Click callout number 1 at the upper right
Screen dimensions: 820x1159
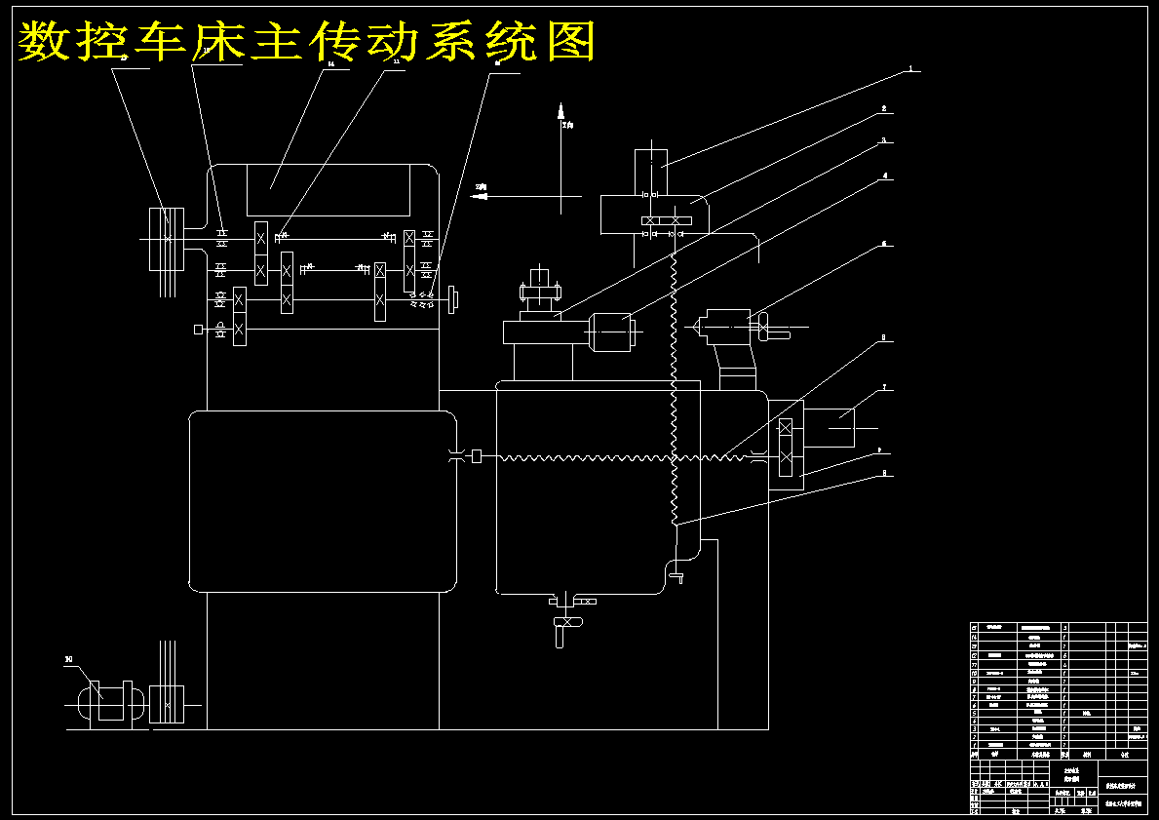(910, 69)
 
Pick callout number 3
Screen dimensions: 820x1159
(884, 140)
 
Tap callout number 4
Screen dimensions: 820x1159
(884, 177)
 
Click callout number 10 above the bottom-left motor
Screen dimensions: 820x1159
(68, 660)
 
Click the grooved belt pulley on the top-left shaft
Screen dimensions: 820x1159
(167, 238)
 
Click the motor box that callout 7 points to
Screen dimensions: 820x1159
(834, 427)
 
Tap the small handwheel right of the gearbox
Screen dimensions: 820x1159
(453, 297)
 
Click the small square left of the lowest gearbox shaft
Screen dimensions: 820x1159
(199, 330)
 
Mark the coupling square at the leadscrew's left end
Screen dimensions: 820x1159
(478, 455)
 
